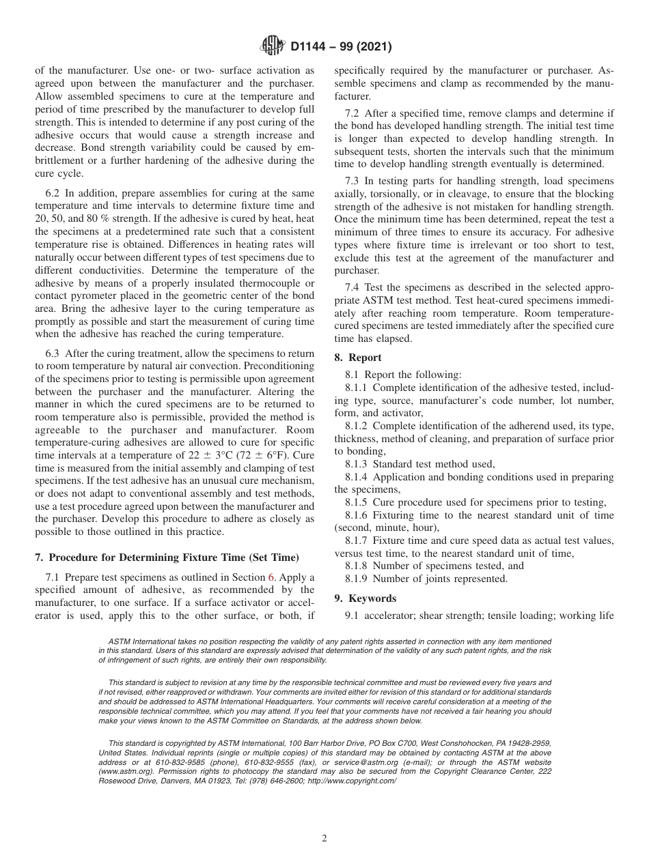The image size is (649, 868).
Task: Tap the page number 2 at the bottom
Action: [324, 839]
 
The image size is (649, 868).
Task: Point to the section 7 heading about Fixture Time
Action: [167, 558]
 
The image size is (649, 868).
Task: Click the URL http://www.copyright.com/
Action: [352, 781]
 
